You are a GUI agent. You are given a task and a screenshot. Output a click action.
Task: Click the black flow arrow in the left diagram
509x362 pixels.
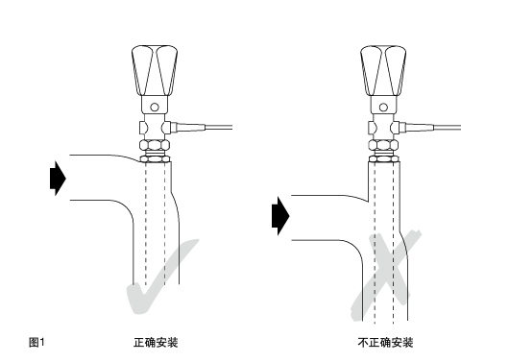point(57,178)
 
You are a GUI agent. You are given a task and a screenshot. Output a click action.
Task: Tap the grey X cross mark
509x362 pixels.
point(384,274)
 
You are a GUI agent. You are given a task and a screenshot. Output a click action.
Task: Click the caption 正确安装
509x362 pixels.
point(155,342)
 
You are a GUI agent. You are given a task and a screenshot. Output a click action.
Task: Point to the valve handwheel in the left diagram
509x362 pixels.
point(153,73)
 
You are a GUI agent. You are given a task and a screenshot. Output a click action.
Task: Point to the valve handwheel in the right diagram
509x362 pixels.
point(382,73)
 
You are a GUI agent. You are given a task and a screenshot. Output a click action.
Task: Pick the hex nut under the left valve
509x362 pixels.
point(154,146)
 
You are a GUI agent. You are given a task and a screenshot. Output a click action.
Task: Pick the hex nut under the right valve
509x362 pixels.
point(382,146)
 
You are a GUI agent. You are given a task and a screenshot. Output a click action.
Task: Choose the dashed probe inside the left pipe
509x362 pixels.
point(153,230)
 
